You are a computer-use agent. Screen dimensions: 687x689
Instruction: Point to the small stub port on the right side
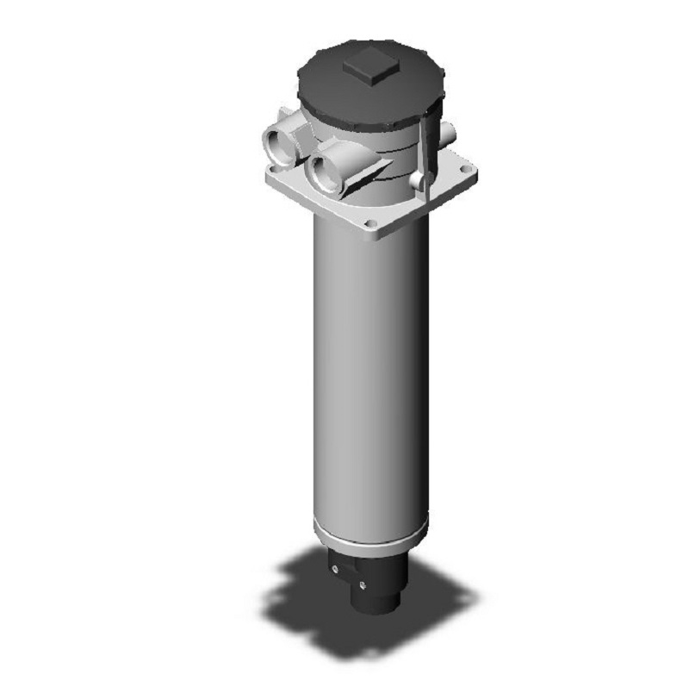[447, 131]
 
